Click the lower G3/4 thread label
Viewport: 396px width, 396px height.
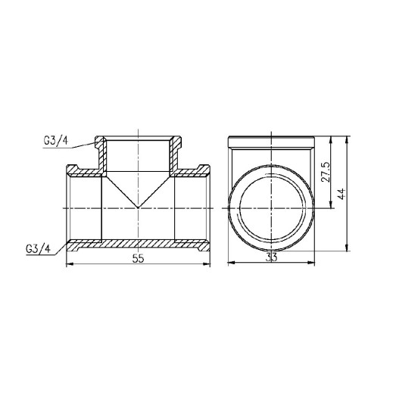point(39,248)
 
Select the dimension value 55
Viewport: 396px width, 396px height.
point(138,258)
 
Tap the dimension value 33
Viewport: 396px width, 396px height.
point(270,258)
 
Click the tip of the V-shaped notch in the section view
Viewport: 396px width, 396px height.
point(138,206)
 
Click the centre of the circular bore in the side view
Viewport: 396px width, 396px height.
point(270,207)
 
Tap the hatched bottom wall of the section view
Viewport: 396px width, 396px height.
point(138,245)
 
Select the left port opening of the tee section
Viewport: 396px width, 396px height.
point(70,206)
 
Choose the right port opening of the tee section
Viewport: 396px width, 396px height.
point(206,206)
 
